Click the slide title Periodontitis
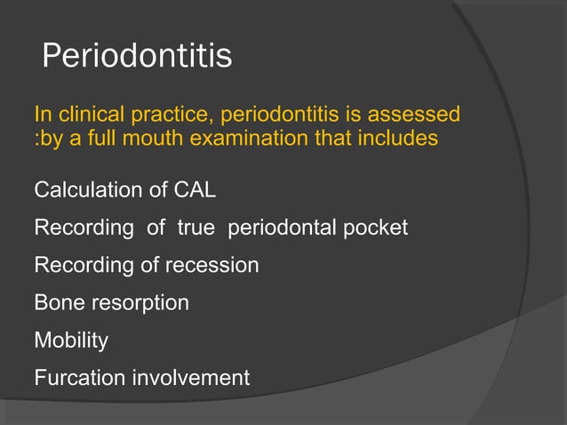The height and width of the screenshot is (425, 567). tap(137, 57)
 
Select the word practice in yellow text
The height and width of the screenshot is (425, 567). tap(170, 116)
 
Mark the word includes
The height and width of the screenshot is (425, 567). tap(400, 140)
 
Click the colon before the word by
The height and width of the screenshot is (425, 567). tap(36, 140)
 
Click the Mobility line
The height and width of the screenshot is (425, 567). tap(70, 341)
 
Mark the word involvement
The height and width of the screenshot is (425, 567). tap(191, 378)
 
